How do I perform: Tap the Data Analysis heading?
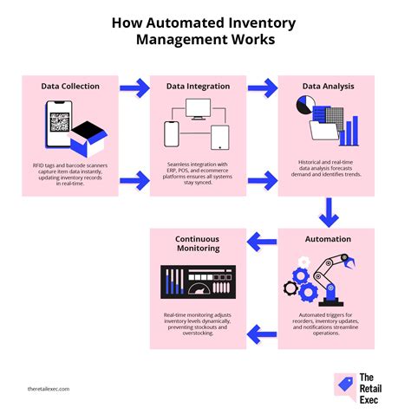tap(329, 86)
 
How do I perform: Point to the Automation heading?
tap(329, 239)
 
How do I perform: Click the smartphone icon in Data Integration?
tap(172, 134)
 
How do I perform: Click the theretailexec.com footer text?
tap(49, 389)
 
